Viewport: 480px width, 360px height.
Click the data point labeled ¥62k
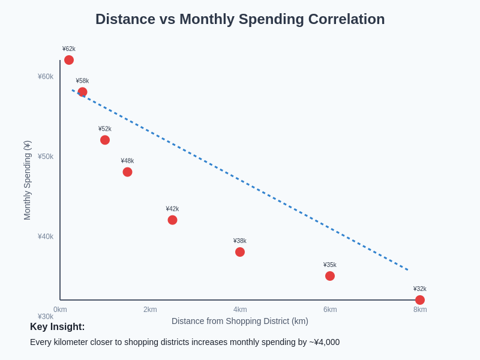point(69,60)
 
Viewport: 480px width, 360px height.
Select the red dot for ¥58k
point(82,92)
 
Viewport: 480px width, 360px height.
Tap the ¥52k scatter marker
point(105,140)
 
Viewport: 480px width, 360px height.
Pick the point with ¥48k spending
point(127,172)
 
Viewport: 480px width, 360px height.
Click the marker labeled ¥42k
point(172,220)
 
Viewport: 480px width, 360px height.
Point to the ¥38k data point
point(240,252)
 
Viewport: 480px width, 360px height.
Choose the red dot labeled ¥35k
point(330,276)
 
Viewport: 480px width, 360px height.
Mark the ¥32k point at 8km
point(420,300)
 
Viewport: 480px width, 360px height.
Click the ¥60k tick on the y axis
point(46,76)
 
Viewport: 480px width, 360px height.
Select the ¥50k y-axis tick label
point(46,157)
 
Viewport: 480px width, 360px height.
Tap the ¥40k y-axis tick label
point(46,236)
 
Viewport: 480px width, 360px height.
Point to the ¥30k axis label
point(46,316)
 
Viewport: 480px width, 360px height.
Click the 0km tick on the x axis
point(60,310)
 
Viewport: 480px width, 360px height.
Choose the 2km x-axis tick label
point(150,310)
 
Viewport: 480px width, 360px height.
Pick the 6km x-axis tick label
point(330,310)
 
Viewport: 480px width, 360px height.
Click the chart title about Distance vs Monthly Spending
point(240,19)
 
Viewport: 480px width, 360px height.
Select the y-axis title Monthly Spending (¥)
point(27,180)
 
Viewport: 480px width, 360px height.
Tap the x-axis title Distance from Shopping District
point(240,321)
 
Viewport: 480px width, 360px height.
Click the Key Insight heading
point(58,327)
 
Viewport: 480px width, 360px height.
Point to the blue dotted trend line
point(240,180)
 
